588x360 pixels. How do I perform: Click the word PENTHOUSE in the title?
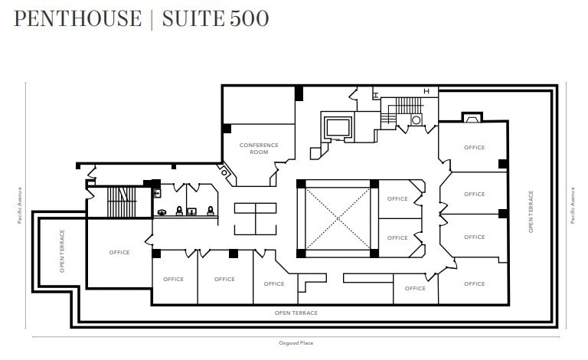[77, 18]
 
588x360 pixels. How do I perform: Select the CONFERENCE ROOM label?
[259, 149]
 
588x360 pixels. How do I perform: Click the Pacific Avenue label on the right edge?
[572, 205]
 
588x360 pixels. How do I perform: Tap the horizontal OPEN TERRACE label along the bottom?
[296, 313]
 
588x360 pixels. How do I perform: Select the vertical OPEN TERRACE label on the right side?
[531, 211]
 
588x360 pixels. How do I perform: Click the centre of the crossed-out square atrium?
[338, 218]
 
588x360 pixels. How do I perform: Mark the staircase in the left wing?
[119, 201]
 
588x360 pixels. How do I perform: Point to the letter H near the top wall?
[426, 93]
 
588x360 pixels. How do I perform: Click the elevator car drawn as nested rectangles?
[338, 126]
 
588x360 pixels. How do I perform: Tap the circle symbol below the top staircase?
[416, 119]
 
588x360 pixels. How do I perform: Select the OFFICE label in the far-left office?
[119, 253]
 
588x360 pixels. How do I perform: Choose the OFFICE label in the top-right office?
[475, 148]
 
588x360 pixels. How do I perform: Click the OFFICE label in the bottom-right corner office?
[475, 284]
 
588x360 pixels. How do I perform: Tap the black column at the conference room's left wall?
[227, 128]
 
